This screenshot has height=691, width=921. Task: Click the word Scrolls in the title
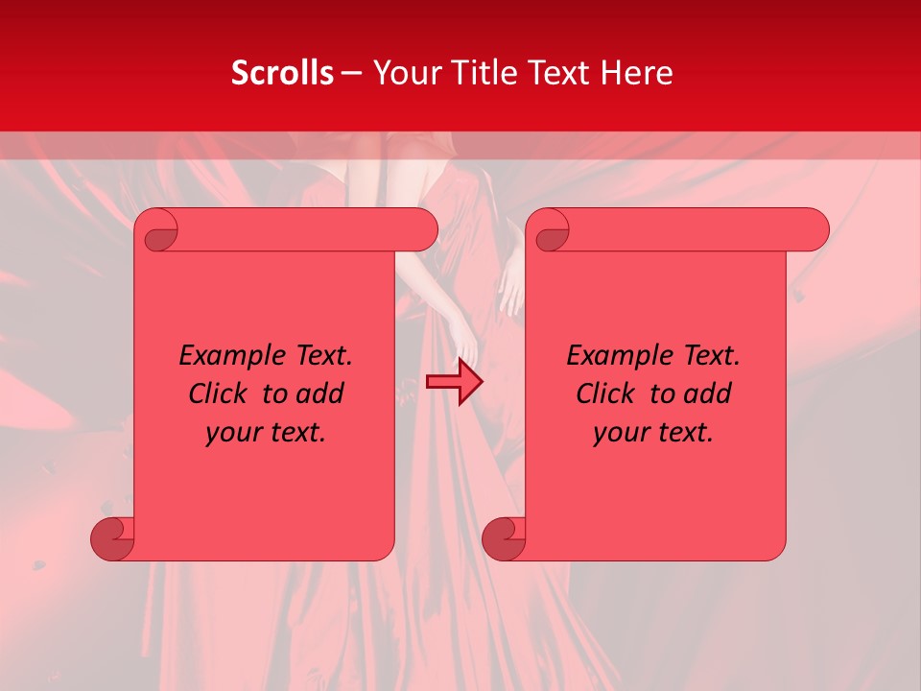282,73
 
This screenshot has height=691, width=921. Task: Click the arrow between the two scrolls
455,383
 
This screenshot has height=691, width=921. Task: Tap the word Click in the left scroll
220,394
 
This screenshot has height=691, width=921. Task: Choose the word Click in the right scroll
607,394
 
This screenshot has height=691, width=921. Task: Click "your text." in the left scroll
266,433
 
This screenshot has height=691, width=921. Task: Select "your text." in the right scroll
653,433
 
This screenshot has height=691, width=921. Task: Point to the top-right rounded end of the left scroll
422,230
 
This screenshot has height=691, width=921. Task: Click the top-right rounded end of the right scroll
814,230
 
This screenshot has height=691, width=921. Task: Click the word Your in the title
404,73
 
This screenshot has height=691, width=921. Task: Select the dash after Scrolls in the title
351,73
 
